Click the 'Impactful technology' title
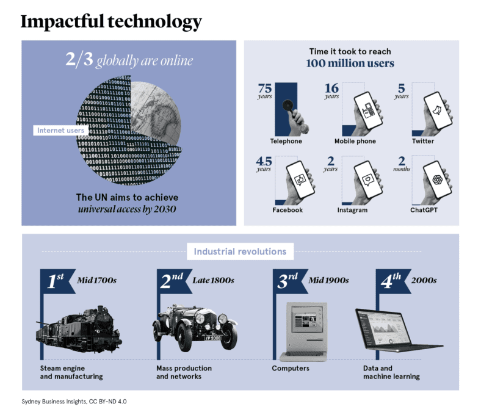point(110,22)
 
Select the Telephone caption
point(286,142)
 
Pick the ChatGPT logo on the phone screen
point(437,179)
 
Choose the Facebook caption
point(288,210)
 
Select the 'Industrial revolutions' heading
point(240,251)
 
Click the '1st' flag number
point(56,281)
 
